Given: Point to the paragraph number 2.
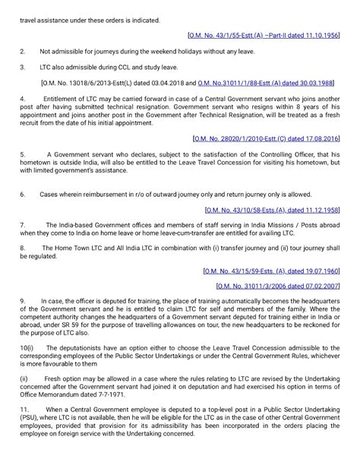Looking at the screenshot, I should (x=22, y=51).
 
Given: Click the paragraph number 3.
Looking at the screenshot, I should (x=22, y=66).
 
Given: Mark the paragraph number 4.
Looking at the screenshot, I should (x=22, y=99).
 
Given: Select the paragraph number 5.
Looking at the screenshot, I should (x=22, y=155).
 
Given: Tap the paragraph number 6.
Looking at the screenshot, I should (x=22, y=194).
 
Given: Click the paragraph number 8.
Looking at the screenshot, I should (x=22, y=248).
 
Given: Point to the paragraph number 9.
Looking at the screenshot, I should (x=22, y=302).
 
